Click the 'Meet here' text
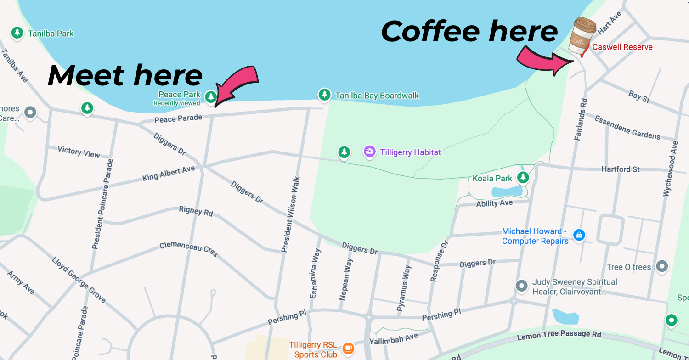(125, 76)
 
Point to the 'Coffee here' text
(469, 32)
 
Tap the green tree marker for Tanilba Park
(17, 33)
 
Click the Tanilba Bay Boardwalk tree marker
(325, 95)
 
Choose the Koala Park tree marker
(522, 177)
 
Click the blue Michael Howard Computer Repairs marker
(579, 235)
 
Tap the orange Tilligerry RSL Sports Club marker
(349, 349)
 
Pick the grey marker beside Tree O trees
(661, 266)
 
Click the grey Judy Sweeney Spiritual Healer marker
(521, 286)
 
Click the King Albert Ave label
(169, 173)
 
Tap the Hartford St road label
(621, 169)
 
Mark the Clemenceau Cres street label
(189, 249)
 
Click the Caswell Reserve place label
(622, 47)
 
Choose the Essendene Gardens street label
(627, 127)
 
